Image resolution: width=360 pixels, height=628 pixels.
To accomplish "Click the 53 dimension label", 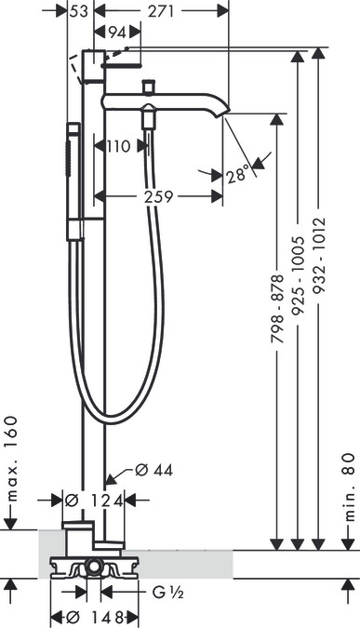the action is (78, 11).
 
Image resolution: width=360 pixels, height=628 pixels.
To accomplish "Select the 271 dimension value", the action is (161, 11).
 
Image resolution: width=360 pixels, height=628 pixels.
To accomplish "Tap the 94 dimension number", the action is (117, 33).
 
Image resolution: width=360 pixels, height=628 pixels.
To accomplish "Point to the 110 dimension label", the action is (118, 147).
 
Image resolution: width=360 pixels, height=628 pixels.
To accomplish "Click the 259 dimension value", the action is (158, 196).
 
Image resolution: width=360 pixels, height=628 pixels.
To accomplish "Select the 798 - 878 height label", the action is (277, 309).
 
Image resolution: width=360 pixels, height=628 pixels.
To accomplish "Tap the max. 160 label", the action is (13, 459).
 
